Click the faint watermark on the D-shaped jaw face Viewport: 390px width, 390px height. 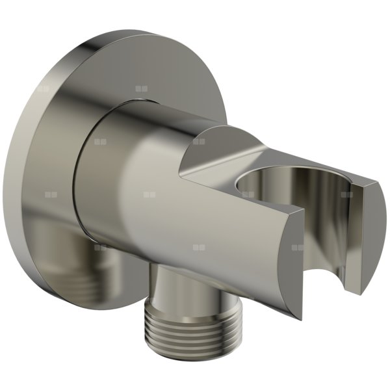click(298, 248)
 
